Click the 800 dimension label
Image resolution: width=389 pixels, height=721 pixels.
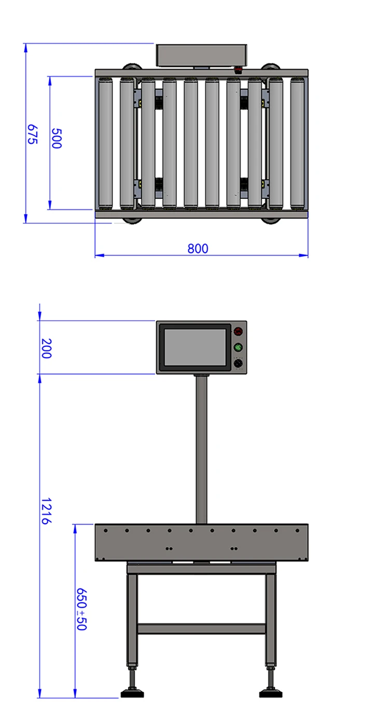coord(198,249)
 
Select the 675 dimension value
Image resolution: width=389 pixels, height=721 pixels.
coord(32,134)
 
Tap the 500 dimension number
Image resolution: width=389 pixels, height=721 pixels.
coord(57,139)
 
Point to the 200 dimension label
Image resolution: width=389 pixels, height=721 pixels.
coord(46,348)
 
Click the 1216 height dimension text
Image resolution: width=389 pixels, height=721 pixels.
coord(46,511)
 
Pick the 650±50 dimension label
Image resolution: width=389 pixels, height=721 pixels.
coord(81,609)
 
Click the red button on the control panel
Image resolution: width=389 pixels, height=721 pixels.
coord(238,331)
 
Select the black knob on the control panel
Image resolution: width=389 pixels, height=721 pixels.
coord(238,363)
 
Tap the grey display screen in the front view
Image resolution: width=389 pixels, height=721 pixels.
coord(195,347)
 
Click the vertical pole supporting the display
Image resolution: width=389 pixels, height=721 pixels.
coord(201,450)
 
